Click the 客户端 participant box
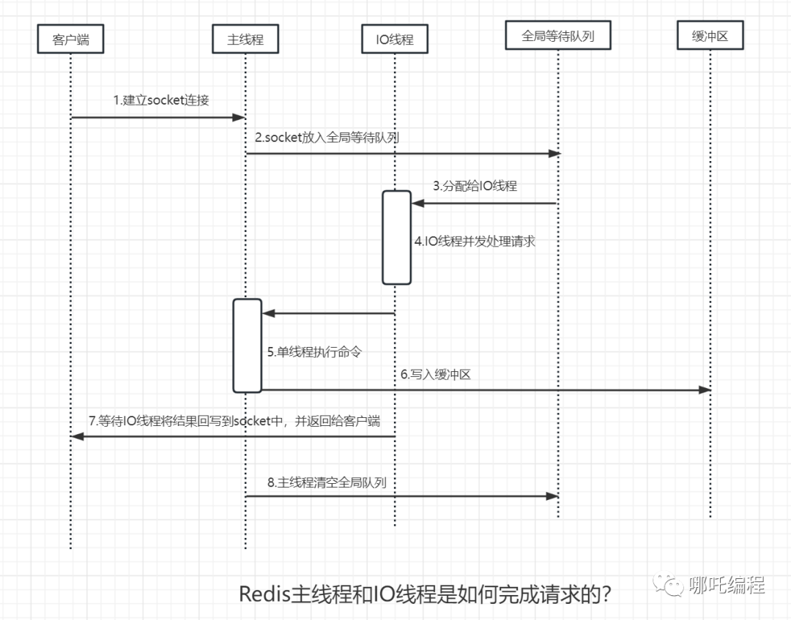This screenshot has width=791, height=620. (70, 39)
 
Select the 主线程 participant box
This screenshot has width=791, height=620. (245, 39)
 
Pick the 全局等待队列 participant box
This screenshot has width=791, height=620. (557, 36)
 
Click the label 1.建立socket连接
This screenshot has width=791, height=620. (161, 100)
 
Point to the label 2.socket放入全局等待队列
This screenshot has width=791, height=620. (327, 137)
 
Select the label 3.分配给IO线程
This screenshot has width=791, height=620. (475, 186)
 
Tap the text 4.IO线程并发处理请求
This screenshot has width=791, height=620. (475, 241)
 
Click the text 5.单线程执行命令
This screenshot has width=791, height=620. (315, 352)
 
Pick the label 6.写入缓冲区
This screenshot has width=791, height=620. (435, 374)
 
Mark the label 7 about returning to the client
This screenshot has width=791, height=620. (234, 421)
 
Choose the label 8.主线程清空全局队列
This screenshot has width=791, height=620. (327, 482)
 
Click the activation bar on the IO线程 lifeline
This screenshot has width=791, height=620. (396, 237)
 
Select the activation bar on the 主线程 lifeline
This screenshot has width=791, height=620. (248, 346)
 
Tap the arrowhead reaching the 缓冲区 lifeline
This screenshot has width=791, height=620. (705, 390)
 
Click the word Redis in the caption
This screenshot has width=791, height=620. (264, 593)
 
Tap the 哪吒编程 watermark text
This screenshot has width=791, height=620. (727, 586)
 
